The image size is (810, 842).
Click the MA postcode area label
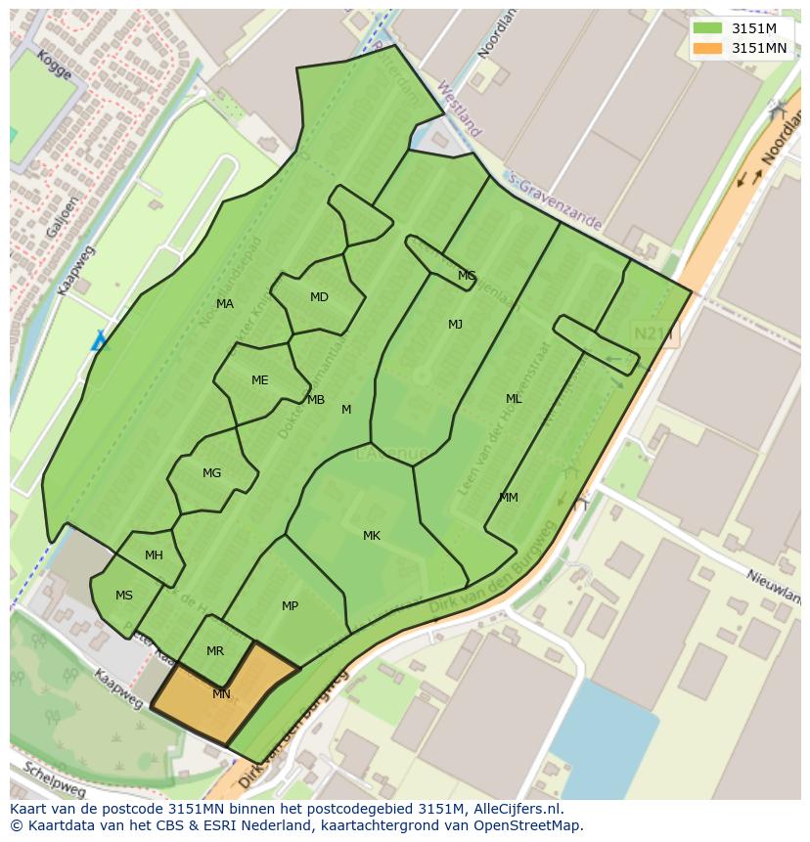click(x=225, y=304)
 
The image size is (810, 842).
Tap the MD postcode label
click(x=319, y=297)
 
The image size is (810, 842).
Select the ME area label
click(x=259, y=380)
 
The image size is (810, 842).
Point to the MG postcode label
click(x=211, y=473)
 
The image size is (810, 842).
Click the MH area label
click(x=154, y=555)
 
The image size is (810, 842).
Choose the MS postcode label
click(x=124, y=596)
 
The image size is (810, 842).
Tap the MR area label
click(x=215, y=651)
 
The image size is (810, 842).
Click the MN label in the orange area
click(x=221, y=694)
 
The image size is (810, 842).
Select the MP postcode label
click(x=290, y=606)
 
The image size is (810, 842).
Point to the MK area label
click(x=372, y=536)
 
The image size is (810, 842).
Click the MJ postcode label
click(x=455, y=325)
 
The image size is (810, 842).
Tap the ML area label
click(x=514, y=399)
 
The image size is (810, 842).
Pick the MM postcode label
click(x=509, y=498)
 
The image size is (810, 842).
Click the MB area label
click(x=315, y=400)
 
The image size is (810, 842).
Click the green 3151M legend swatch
click(x=707, y=28)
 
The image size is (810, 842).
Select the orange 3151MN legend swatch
click(x=707, y=48)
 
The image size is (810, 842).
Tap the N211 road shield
click(x=653, y=334)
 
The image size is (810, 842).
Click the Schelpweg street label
click(x=54, y=778)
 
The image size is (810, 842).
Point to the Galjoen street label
click(x=57, y=215)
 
